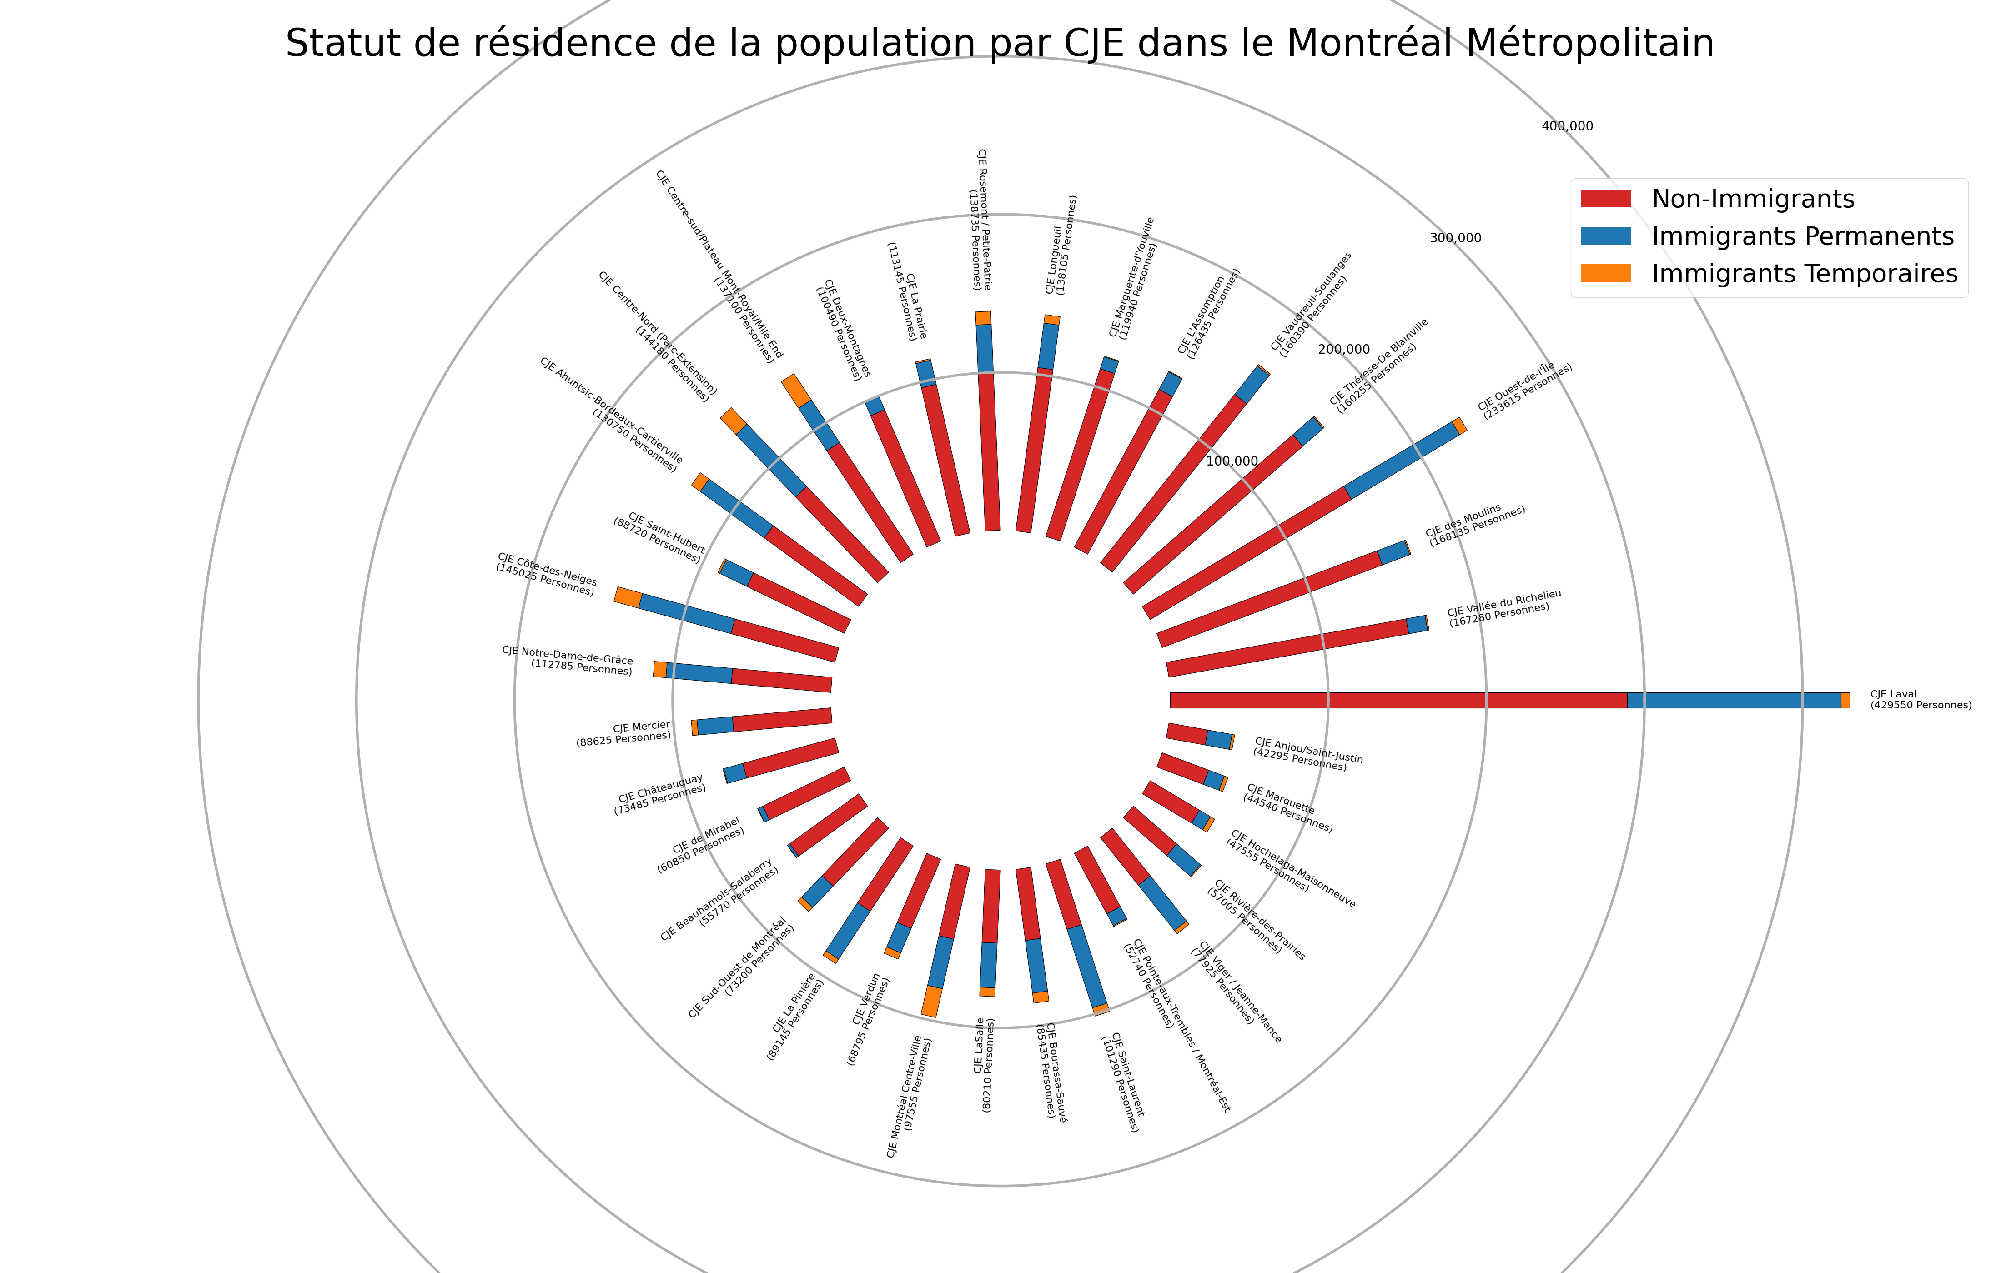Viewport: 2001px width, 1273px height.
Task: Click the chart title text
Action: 1000,43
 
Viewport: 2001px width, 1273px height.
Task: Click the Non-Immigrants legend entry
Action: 1753,200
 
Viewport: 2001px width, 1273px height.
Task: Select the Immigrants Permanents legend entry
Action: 1801,237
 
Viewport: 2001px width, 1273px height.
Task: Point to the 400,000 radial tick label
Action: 1567,126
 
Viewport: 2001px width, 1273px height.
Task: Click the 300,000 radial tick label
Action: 1455,239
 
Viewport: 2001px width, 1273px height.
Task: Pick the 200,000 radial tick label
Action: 1344,350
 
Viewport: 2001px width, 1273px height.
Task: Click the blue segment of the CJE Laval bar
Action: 1733,701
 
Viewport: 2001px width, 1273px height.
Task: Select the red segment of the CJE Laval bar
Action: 1396,701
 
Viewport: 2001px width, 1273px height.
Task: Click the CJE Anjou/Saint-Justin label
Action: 1307,754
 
